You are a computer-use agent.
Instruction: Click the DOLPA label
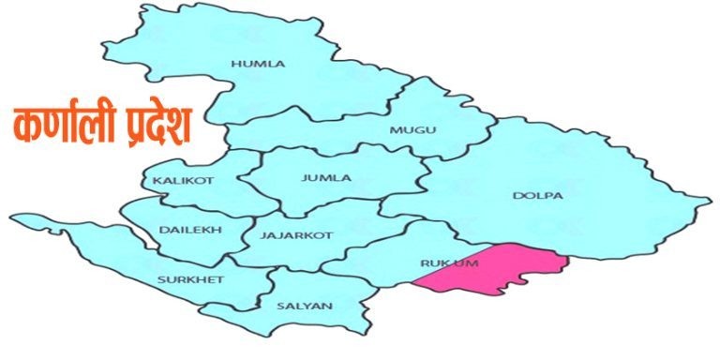pos(537,196)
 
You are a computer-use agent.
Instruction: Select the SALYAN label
pos(297,306)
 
